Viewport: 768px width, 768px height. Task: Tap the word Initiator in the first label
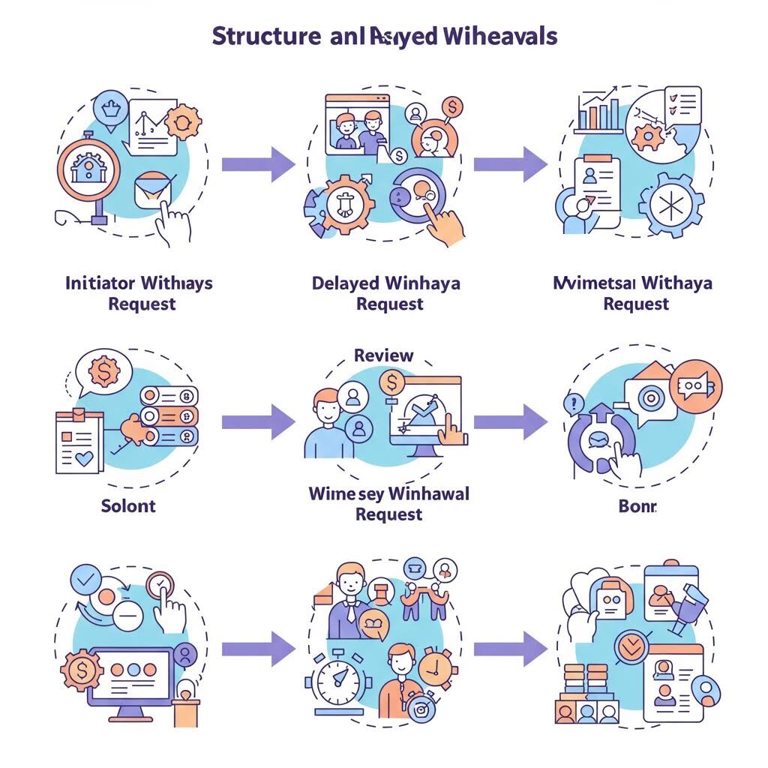tap(100, 283)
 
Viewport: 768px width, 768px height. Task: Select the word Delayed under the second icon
tap(345, 283)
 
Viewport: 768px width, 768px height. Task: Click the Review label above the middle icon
tap(383, 355)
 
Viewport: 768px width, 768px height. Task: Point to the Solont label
tap(128, 505)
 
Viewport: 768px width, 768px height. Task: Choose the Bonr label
tap(637, 506)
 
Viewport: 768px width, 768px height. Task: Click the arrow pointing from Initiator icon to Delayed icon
tap(258, 164)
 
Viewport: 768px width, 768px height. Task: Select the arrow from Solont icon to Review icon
tap(258, 421)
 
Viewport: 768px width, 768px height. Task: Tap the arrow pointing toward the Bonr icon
tap(510, 421)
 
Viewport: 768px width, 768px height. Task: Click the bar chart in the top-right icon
tap(599, 111)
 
